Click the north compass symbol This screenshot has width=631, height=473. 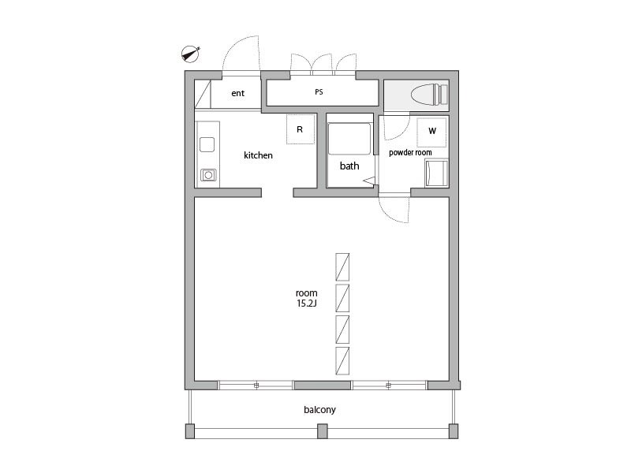[x=190, y=54]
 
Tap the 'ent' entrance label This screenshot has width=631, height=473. [x=238, y=93]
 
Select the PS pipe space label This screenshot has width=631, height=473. [x=319, y=92]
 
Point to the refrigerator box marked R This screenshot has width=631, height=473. [x=301, y=129]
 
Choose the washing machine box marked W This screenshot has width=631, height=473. [x=431, y=132]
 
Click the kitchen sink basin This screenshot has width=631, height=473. [x=207, y=144]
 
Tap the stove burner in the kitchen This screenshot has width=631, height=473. [x=208, y=175]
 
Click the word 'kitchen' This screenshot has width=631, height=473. [x=258, y=155]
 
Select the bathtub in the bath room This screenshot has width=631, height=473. [x=349, y=139]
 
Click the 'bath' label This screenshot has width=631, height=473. [x=349, y=166]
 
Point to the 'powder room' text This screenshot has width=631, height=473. [x=410, y=152]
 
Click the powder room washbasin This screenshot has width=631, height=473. [x=436, y=173]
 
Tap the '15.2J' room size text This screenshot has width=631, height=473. [x=307, y=304]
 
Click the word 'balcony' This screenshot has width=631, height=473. [x=319, y=410]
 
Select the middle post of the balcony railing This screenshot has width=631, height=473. [x=323, y=431]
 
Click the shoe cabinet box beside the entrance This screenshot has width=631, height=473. [x=203, y=94]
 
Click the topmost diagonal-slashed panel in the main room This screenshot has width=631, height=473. [x=342, y=266]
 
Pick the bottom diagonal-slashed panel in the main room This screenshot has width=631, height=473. [x=342, y=361]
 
